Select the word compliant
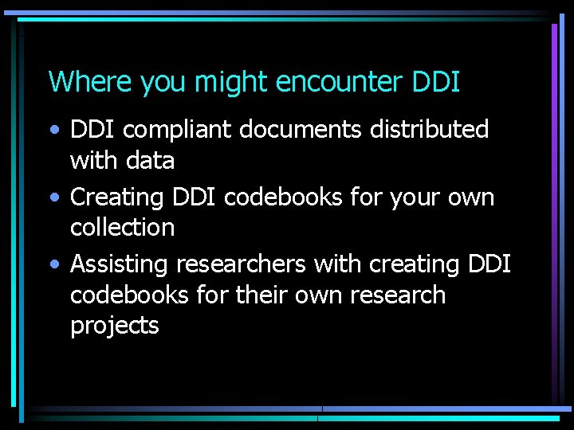167,131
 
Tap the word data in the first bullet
150,161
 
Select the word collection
122,228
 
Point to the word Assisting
120,264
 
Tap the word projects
115,326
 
